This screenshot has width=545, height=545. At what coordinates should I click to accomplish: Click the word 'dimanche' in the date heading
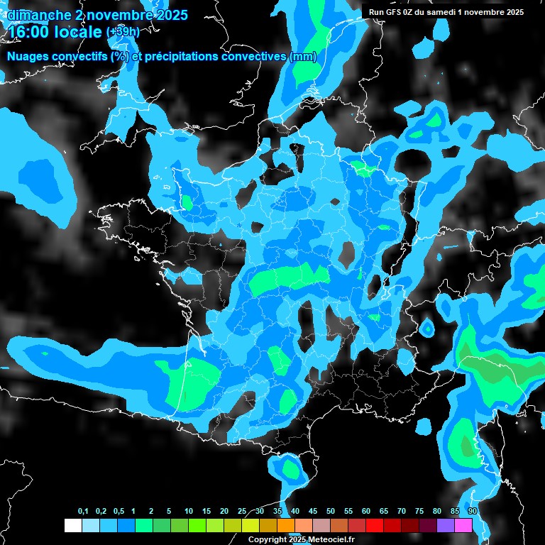click(x=38, y=14)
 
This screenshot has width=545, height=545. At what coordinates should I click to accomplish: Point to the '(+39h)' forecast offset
click(x=123, y=33)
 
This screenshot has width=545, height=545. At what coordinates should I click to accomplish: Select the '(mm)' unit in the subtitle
click(x=304, y=57)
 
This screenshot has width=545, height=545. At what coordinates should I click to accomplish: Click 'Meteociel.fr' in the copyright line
click(x=329, y=540)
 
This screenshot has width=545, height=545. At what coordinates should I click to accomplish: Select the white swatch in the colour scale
click(x=72, y=525)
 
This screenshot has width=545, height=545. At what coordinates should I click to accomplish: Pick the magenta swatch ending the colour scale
click(x=463, y=525)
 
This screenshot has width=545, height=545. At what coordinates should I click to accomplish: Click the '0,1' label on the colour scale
click(x=82, y=512)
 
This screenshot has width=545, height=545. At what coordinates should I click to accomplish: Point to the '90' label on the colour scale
click(x=472, y=512)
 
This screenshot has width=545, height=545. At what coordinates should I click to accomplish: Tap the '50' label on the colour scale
click(x=331, y=512)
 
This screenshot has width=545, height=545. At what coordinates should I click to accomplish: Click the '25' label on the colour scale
click(x=242, y=512)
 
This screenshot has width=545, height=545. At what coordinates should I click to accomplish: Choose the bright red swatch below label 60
click(x=375, y=525)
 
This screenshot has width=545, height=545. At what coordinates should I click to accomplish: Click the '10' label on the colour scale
click(x=189, y=512)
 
